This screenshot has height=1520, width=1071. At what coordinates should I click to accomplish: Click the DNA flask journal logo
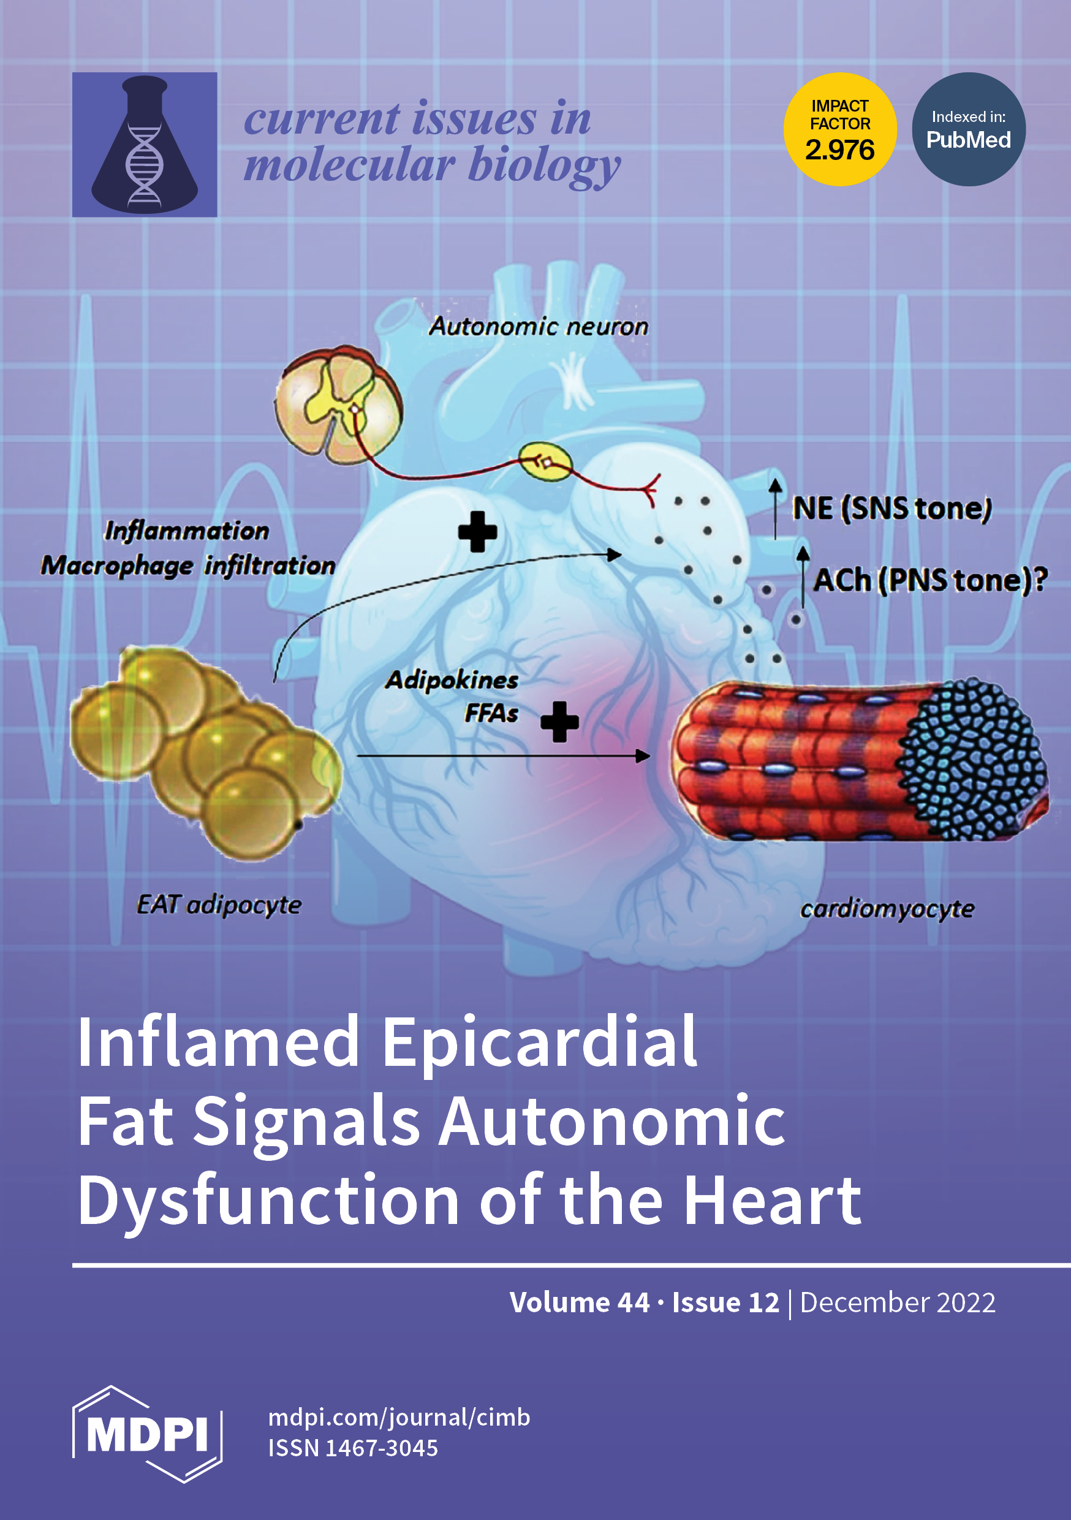click(145, 144)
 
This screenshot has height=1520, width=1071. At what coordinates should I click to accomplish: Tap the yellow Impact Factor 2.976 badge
click(839, 129)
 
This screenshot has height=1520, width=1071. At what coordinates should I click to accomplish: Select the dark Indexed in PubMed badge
click(969, 129)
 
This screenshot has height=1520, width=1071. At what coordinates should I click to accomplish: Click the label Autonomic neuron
click(538, 327)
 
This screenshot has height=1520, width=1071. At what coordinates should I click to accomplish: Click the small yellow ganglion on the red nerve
click(545, 462)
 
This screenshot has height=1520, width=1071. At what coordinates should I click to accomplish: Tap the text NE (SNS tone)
click(891, 509)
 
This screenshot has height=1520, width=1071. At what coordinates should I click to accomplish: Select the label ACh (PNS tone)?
click(929, 580)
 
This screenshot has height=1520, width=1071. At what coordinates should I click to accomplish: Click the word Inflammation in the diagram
click(187, 530)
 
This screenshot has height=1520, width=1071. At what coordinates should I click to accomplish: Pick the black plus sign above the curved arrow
click(477, 531)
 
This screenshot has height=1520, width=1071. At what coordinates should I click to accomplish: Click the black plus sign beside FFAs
click(559, 721)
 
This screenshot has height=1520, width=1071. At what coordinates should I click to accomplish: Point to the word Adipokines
click(452, 680)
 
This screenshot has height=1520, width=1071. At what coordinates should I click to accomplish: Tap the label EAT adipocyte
click(219, 904)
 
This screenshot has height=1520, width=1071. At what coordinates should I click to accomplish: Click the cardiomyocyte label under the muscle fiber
click(887, 909)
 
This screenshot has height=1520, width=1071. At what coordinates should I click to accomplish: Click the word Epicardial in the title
click(539, 1043)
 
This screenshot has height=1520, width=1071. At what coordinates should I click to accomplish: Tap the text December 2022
click(897, 1303)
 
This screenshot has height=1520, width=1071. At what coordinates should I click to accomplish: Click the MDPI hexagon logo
click(147, 1435)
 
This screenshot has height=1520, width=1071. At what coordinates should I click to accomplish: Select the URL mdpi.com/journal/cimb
click(398, 1418)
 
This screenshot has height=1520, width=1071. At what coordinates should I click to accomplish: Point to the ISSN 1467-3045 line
click(353, 1448)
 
